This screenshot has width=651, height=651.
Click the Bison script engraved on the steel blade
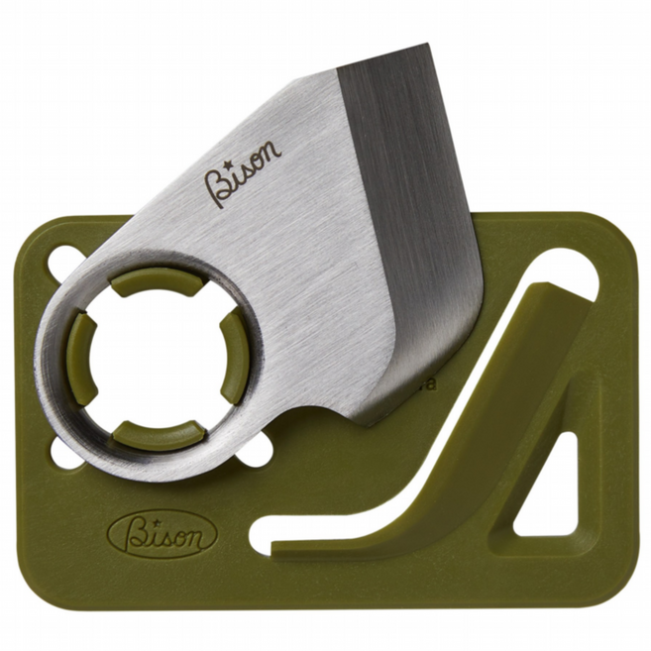(x=242, y=173)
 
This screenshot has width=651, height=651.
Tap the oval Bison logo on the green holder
(x=163, y=533)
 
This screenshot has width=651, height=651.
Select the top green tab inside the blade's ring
(x=158, y=281)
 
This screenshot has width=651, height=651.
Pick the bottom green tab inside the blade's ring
(x=159, y=436)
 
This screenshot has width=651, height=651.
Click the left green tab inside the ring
(x=80, y=357)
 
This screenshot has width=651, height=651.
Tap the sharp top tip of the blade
(x=427, y=44)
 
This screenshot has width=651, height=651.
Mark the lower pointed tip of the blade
(x=368, y=425)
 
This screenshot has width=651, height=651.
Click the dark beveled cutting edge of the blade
(x=411, y=233)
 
